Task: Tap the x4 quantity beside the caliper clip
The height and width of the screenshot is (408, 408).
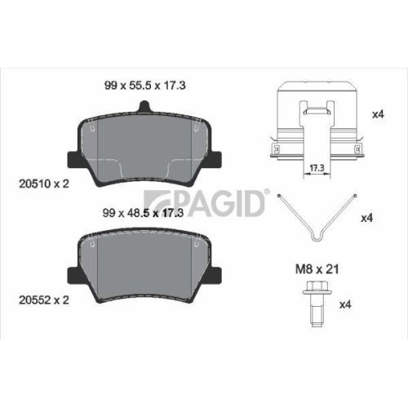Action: tap(378, 114)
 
